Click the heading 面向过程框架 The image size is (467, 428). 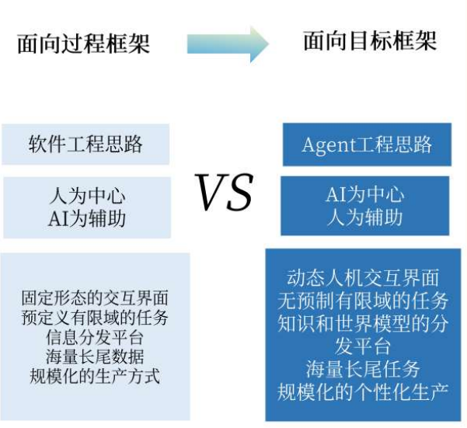[x=83, y=43]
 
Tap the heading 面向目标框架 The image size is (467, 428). [x=370, y=40]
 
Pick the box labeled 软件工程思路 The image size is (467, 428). [x=85, y=144]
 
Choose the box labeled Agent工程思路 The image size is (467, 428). [x=366, y=144]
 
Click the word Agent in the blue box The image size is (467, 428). [x=328, y=144]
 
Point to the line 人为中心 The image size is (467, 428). [x=86, y=197]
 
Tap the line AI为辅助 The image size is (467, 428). [x=86, y=217]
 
